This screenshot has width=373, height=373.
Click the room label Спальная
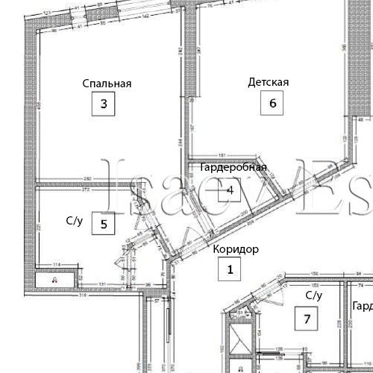pyautogui.click(x=107, y=84)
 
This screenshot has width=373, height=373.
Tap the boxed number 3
pyautogui.click(x=104, y=104)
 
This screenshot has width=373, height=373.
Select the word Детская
pyautogui.click(x=268, y=83)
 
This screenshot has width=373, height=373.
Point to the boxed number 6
pyautogui.click(x=272, y=104)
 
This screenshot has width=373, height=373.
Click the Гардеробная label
pyautogui.click(x=233, y=168)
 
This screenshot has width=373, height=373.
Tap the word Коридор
pyautogui.click(x=236, y=249)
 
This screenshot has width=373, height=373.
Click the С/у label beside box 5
pyautogui.click(x=75, y=221)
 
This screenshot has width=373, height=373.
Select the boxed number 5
pyautogui.click(x=104, y=222)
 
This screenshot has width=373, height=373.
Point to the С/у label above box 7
pyautogui.click(x=313, y=295)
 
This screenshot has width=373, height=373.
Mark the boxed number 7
pyautogui.click(x=306, y=319)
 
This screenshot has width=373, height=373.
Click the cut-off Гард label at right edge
pyautogui.click(x=363, y=307)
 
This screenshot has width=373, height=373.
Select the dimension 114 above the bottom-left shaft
pyautogui.click(x=56, y=265)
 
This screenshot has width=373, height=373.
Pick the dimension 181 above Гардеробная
pyautogui.click(x=222, y=156)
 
